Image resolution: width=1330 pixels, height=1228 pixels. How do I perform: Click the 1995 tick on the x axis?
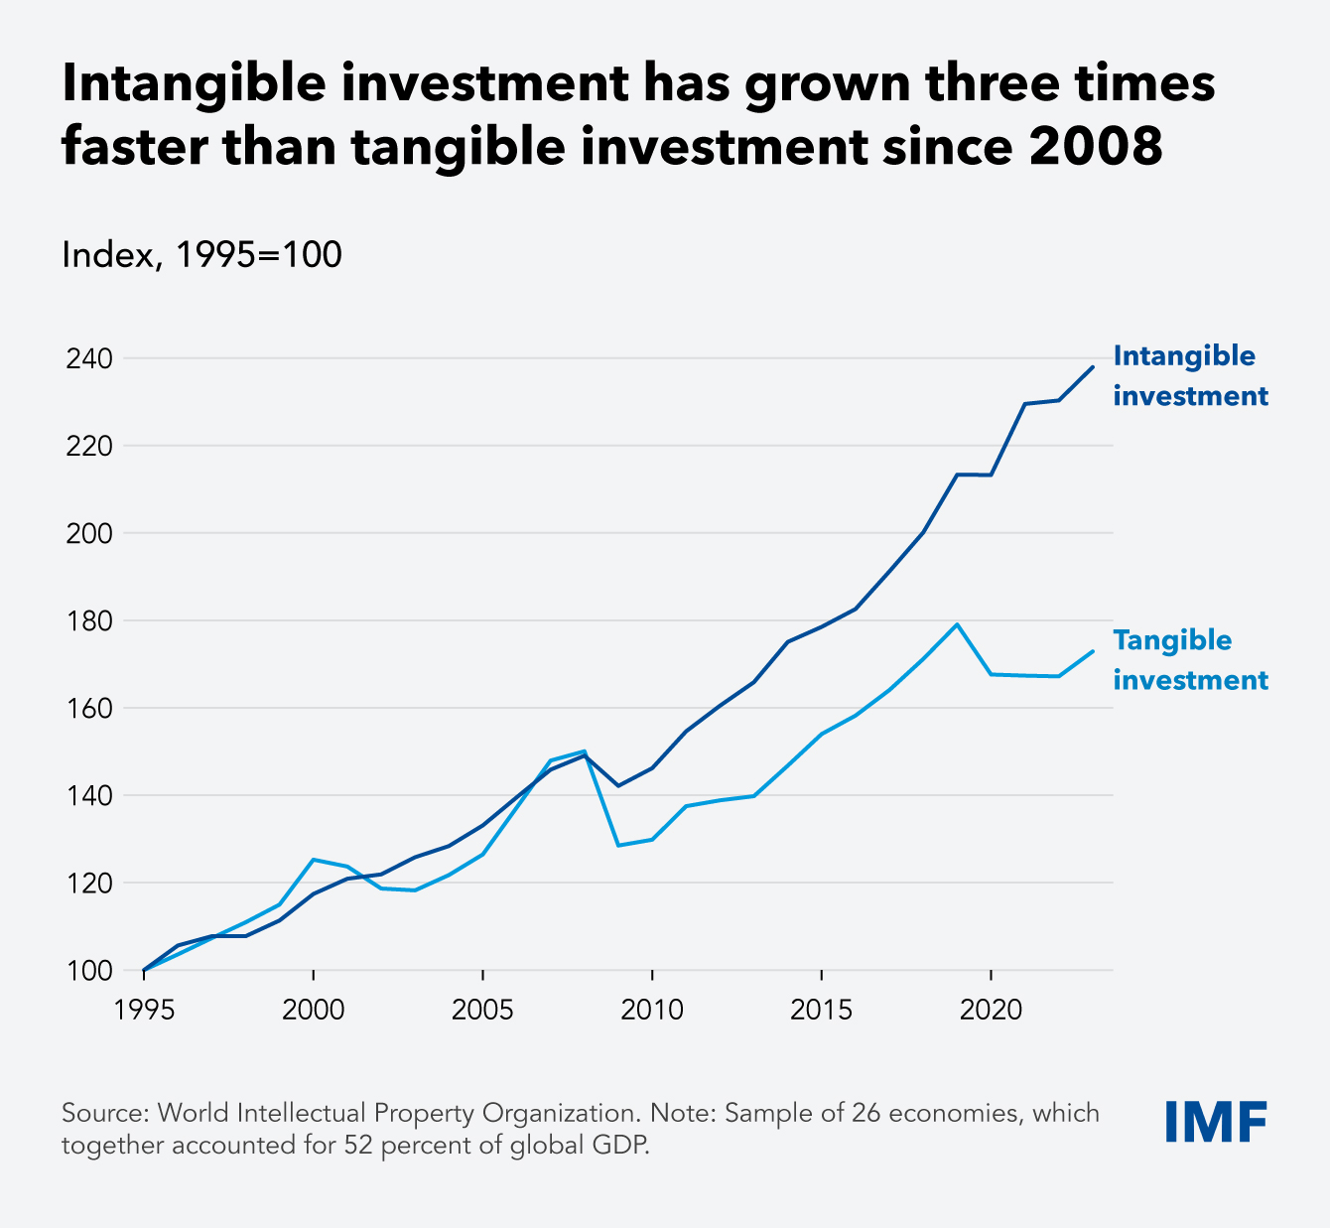click(x=145, y=1011)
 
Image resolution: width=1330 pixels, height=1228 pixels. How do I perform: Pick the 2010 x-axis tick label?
click(x=651, y=1011)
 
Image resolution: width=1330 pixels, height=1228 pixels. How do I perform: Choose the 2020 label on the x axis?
click(x=991, y=1011)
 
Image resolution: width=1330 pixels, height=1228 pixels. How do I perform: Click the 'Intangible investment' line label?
click(x=1190, y=376)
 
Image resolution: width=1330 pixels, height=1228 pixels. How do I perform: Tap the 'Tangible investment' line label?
click(x=1190, y=660)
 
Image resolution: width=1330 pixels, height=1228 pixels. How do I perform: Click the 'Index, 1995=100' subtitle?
click(x=201, y=255)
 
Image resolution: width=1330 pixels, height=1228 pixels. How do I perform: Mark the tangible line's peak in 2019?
click(x=957, y=624)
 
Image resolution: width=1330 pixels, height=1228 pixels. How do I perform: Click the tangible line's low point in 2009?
click(x=618, y=845)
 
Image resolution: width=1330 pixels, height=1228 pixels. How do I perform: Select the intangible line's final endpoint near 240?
click(x=1093, y=366)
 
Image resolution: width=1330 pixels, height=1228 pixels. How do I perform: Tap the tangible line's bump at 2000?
click(x=314, y=860)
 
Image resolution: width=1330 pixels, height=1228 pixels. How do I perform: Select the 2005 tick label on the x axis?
click(x=482, y=1011)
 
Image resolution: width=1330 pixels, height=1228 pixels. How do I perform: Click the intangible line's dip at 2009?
click(x=618, y=785)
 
